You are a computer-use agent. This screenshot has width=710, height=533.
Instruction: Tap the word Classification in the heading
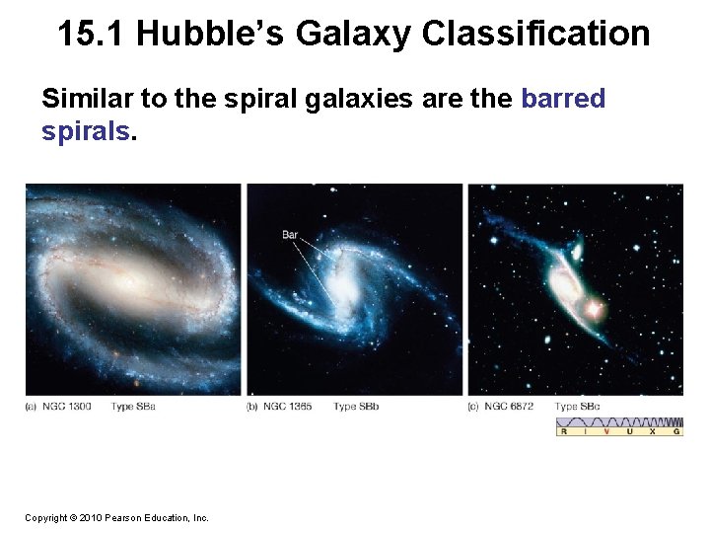[x=535, y=34]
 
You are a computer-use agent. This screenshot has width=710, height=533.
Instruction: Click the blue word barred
[x=562, y=99]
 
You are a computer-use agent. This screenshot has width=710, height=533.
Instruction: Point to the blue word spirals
[x=85, y=131]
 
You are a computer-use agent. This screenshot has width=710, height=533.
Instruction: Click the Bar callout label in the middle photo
[x=290, y=235]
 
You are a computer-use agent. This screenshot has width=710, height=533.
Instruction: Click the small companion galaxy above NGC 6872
[x=577, y=245]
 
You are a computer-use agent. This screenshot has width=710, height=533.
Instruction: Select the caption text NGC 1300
[x=67, y=407]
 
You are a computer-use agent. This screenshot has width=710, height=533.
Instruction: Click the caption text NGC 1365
[x=288, y=407]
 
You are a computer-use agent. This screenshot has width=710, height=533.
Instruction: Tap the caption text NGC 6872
[x=509, y=407]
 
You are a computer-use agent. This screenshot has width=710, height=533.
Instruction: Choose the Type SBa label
[x=133, y=407]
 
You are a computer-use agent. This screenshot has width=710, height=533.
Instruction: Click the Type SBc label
[x=579, y=407]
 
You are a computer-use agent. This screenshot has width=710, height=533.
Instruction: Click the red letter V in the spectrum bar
[x=605, y=431]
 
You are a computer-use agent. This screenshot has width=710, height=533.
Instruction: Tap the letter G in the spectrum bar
[x=675, y=431]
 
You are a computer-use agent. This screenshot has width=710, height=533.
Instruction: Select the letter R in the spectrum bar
[x=563, y=431]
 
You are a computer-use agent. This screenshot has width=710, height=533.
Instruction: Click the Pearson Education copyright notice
[x=116, y=517]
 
